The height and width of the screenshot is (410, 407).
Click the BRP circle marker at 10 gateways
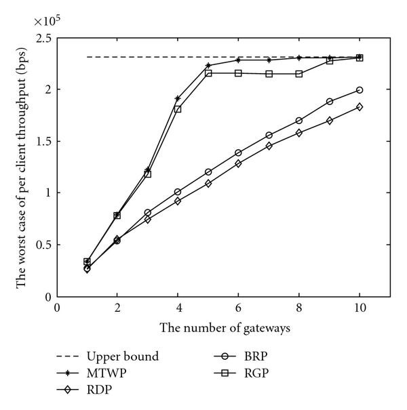click(360, 89)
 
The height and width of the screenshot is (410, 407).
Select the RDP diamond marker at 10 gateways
click(360, 106)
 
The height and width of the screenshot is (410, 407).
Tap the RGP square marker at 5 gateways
click(208, 73)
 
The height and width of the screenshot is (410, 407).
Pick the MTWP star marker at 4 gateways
click(178, 98)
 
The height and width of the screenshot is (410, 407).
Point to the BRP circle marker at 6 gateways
click(238, 152)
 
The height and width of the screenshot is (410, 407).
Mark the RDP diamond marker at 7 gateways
click(269, 146)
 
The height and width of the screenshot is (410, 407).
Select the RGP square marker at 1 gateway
click(87, 262)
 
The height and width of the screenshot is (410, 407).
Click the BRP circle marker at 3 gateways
click(147, 212)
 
